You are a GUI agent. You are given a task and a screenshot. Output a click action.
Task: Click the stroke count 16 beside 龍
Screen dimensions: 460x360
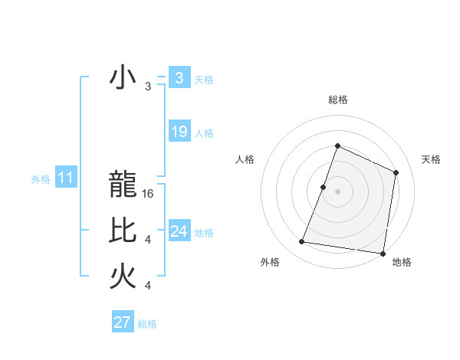[149, 194]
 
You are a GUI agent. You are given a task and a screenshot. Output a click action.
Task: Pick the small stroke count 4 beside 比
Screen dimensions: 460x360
[148, 240]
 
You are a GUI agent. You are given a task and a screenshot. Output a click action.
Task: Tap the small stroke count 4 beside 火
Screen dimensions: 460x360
[148, 286]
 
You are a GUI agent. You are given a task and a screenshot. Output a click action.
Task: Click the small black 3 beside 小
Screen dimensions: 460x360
[148, 87]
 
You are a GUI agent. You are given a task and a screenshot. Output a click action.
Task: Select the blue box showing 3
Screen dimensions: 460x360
[179, 78]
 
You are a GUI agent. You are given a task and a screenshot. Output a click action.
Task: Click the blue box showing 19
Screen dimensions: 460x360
[179, 132]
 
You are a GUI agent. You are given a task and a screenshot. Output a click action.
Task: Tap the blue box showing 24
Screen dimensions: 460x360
[179, 231]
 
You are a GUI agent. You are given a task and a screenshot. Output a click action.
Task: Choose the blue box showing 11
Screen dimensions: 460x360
[65, 178]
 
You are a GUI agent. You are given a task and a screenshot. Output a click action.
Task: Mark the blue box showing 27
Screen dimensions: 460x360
[122, 322]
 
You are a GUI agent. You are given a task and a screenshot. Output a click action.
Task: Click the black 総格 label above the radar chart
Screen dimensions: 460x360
[337, 100]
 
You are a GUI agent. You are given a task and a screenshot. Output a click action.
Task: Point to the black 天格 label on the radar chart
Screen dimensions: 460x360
[432, 159]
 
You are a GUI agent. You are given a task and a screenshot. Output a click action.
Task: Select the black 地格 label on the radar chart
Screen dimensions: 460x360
[402, 262]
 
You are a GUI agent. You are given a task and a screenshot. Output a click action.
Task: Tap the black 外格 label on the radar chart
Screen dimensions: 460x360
[270, 262]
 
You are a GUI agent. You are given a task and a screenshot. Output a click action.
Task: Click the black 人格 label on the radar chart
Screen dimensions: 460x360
[245, 159]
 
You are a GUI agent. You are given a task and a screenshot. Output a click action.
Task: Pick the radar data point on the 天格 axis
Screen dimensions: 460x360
[396, 172]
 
